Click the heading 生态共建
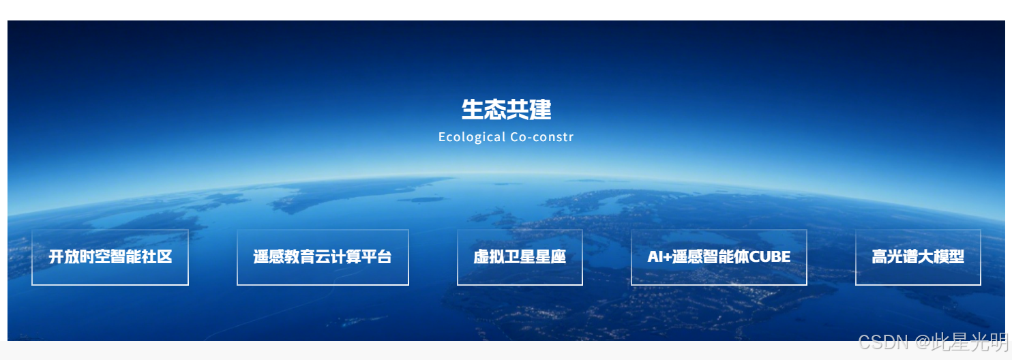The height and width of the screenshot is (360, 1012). click(x=506, y=109)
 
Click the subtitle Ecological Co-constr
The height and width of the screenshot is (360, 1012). click(x=506, y=137)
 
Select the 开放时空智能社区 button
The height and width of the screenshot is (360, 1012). click(x=110, y=257)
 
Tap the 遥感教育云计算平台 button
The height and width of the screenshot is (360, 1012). click(x=323, y=257)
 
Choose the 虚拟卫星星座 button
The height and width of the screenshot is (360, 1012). click(x=520, y=257)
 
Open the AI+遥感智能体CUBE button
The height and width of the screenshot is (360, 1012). click(x=719, y=257)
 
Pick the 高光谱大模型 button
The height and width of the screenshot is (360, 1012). click(x=918, y=257)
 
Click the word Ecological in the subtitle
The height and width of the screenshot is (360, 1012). click(x=472, y=137)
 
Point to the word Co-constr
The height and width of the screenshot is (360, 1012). click(x=541, y=137)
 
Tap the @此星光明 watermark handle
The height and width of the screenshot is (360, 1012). click(x=961, y=342)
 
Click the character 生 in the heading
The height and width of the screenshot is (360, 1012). click(x=472, y=109)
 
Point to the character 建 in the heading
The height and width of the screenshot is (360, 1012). click(x=540, y=109)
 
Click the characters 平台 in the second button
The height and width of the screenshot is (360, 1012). click(x=376, y=257)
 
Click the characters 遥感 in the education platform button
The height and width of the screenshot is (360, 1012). click(x=269, y=257)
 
